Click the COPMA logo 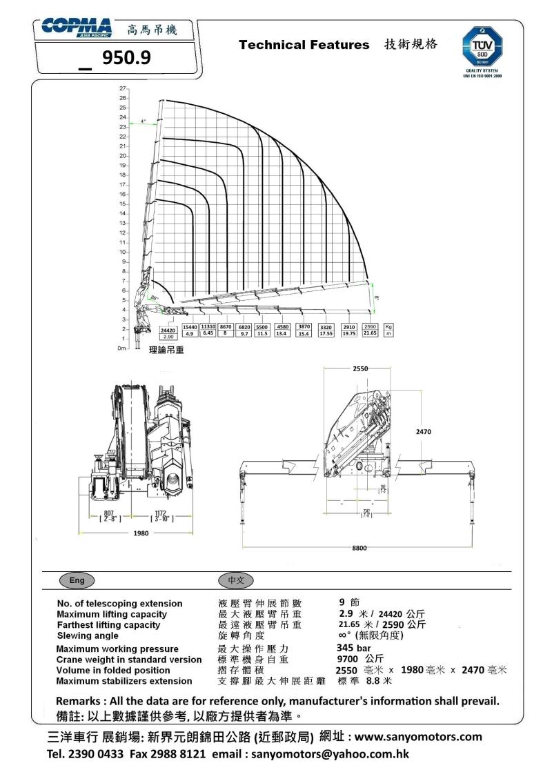(76, 28)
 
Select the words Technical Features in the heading (304, 45)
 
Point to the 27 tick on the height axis (122, 89)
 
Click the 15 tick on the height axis (122, 204)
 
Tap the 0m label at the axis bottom (121, 349)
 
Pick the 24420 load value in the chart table (168, 330)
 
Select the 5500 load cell (262, 326)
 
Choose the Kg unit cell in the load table (388, 326)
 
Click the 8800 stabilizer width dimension (359, 548)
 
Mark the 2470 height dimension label (423, 431)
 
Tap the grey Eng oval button (77, 580)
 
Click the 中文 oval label (236, 580)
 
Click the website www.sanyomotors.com (418, 736)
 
